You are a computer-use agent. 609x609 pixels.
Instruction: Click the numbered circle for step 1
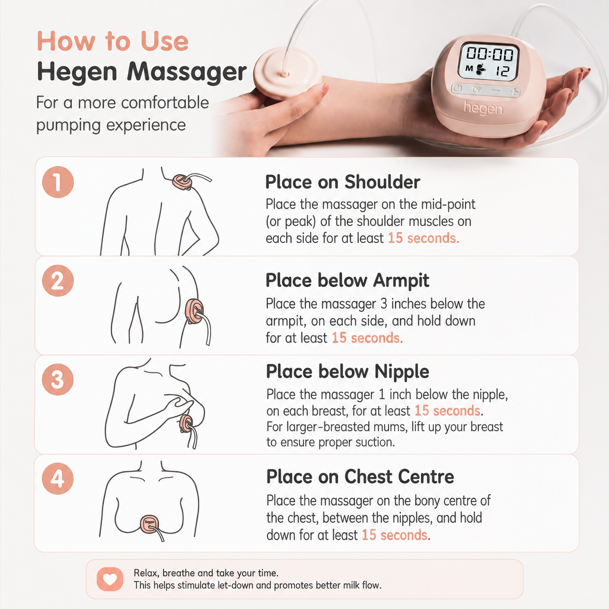click(58, 182)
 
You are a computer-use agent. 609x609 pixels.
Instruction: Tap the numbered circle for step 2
click(58, 281)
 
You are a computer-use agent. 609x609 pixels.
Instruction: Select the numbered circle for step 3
click(58, 379)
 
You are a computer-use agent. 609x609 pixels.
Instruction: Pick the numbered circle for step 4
click(58, 478)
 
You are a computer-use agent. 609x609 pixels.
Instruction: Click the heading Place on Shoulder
click(342, 182)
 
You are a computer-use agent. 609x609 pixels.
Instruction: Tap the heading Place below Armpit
click(347, 281)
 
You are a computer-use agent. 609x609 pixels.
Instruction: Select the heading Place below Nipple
click(348, 372)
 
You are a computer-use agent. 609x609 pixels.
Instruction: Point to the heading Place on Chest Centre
click(360, 476)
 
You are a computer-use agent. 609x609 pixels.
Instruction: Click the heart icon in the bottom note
click(110, 579)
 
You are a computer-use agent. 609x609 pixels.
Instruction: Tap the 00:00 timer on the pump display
click(489, 54)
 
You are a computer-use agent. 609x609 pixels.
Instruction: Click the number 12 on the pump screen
click(503, 71)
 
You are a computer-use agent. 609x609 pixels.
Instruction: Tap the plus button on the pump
click(514, 92)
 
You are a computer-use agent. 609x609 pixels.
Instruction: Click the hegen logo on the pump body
click(483, 108)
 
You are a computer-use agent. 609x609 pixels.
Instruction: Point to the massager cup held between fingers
click(287, 73)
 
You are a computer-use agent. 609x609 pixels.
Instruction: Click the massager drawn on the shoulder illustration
click(182, 182)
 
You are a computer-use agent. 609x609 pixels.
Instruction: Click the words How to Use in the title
click(113, 41)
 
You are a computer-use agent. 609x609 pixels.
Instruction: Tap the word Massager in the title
click(187, 72)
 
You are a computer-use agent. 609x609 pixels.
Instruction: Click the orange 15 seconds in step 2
click(367, 338)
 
